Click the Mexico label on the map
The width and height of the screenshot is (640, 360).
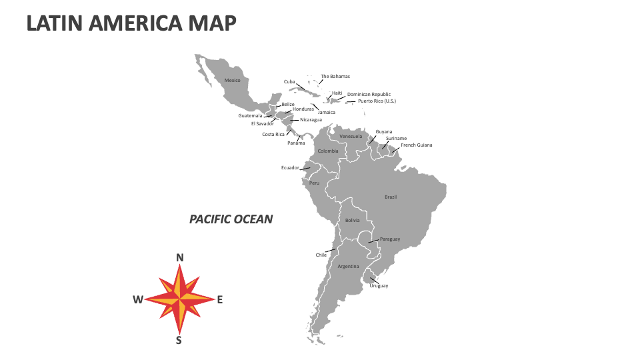232,80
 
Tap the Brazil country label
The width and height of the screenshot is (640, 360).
391,197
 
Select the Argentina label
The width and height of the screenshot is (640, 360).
348,266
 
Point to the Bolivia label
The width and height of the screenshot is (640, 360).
352,220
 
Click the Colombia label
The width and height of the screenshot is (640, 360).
328,151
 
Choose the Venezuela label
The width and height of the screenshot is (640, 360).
351,136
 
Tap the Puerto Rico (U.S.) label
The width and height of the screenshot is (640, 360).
377,101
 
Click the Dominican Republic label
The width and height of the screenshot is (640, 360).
369,94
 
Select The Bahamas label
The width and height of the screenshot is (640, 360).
335,76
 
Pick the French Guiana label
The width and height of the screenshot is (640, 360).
417,145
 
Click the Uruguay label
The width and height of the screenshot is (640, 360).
379,285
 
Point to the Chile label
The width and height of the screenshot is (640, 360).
321,255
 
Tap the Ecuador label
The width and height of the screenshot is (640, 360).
290,167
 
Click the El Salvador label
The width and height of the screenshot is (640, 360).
262,123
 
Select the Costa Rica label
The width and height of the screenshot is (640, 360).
273,134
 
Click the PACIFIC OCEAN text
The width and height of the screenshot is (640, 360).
231,219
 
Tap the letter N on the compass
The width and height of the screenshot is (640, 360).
179,258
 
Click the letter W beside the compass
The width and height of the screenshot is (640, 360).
138,299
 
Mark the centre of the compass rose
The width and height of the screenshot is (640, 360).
179,299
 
